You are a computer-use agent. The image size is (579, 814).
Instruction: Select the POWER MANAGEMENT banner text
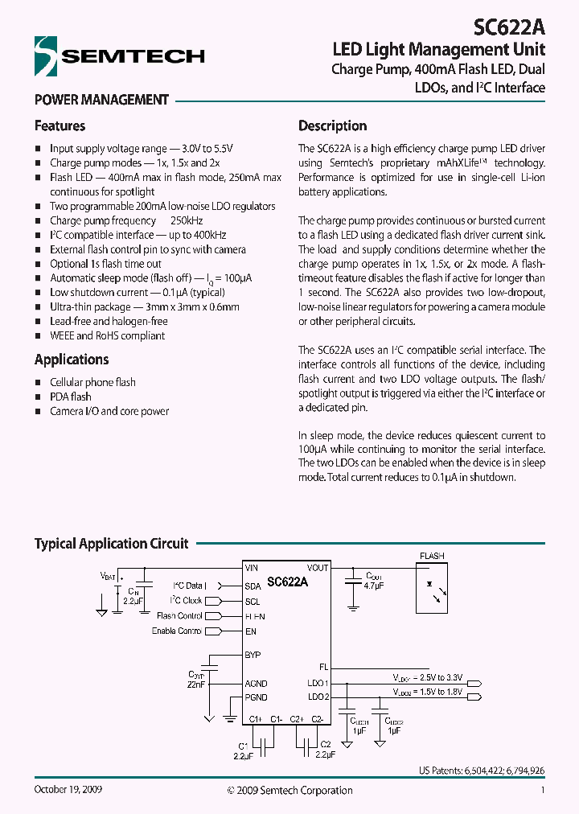pos(101,100)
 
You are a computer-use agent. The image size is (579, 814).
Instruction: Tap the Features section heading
pos(60,125)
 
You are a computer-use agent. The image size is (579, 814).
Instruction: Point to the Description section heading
pos(332,125)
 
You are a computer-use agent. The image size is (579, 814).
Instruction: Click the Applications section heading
pos(72,360)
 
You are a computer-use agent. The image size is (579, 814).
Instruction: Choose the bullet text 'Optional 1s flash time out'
pos(105,264)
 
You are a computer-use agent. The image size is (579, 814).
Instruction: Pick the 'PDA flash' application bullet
pos(71,397)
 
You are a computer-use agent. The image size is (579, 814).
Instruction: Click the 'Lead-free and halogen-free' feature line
pos(109,321)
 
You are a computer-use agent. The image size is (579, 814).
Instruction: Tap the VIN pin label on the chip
pos(252,568)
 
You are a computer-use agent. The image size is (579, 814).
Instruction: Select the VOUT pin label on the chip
pos(318,568)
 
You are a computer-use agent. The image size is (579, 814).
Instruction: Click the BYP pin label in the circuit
pos(253,656)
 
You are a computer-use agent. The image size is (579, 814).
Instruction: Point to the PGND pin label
pos(256,697)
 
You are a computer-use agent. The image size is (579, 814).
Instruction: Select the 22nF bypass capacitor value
pos(197,684)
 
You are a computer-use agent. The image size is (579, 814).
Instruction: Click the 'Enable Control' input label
pos(177,631)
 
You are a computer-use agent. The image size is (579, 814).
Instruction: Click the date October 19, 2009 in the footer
pos(68,790)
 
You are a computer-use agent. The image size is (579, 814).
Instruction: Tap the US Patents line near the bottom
pos(481,770)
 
